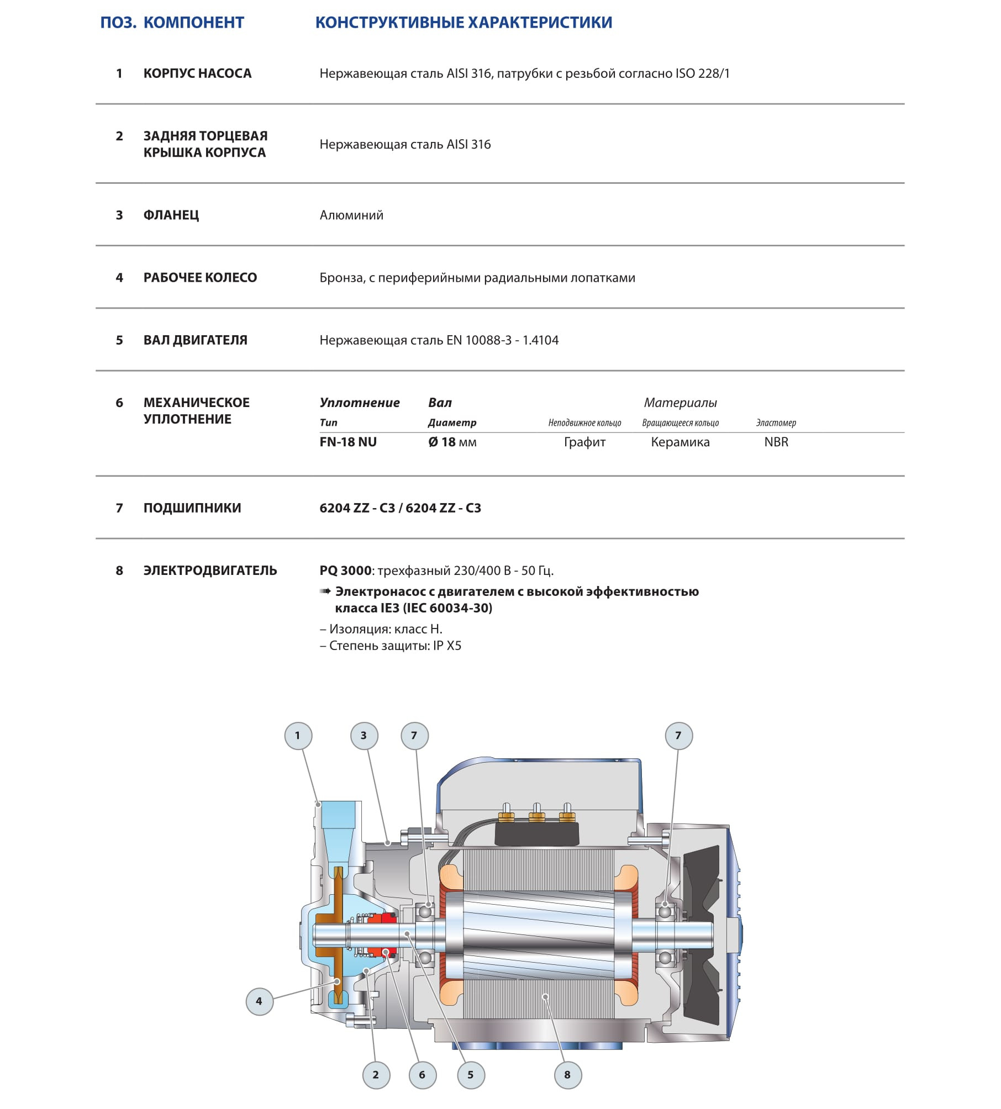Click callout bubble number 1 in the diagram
298,736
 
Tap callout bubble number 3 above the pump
364,736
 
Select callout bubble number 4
259,1001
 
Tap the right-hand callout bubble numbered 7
678,736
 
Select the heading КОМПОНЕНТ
194,23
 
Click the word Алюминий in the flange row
351,215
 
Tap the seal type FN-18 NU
348,442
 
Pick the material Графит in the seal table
584,442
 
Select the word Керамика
680,442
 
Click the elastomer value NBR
776,442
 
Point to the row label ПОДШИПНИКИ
192,508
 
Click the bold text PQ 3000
345,571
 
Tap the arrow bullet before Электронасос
325,592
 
